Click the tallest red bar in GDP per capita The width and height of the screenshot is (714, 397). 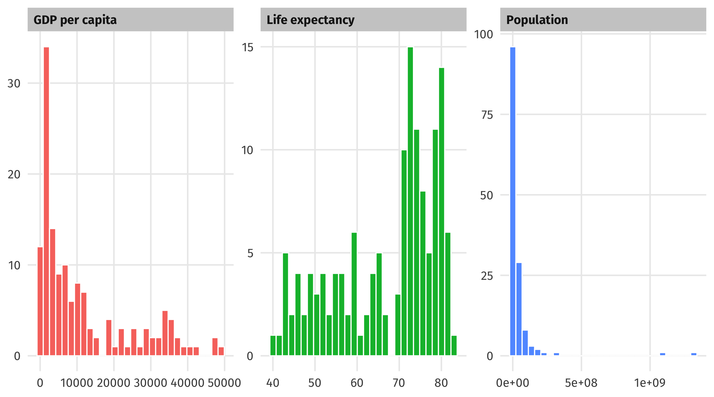click(46, 201)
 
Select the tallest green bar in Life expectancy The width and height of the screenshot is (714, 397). click(410, 201)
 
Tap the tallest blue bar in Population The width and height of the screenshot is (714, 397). click(512, 201)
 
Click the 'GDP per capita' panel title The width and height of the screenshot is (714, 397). click(75, 20)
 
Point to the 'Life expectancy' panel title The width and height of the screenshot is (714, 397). click(310, 20)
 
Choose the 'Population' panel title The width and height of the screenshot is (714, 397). click(537, 20)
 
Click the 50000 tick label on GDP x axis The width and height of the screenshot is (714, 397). click(224, 383)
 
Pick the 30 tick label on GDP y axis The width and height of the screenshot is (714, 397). click(14, 84)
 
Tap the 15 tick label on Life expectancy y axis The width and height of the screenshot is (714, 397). click(247, 47)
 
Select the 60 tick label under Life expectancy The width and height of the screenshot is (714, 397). click(357, 383)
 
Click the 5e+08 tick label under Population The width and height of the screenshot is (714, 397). click(581, 383)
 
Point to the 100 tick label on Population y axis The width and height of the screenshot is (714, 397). click(483, 35)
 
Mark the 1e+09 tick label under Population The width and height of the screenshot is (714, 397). click(650, 383)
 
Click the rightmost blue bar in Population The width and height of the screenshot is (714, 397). click(694, 354)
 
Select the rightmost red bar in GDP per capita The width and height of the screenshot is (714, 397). click(221, 351)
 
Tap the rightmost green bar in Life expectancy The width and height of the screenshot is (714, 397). click(454, 345)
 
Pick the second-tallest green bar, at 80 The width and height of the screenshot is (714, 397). click(442, 211)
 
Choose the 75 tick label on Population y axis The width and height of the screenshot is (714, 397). click(487, 115)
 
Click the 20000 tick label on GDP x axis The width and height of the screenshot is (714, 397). click(113, 383)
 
